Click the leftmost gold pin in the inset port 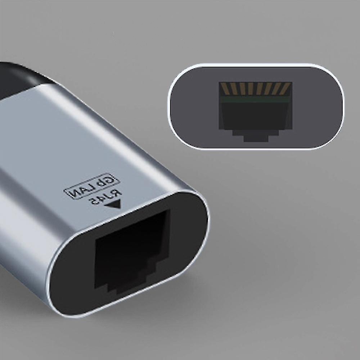224,89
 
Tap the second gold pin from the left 233,89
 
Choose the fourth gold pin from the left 251,89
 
